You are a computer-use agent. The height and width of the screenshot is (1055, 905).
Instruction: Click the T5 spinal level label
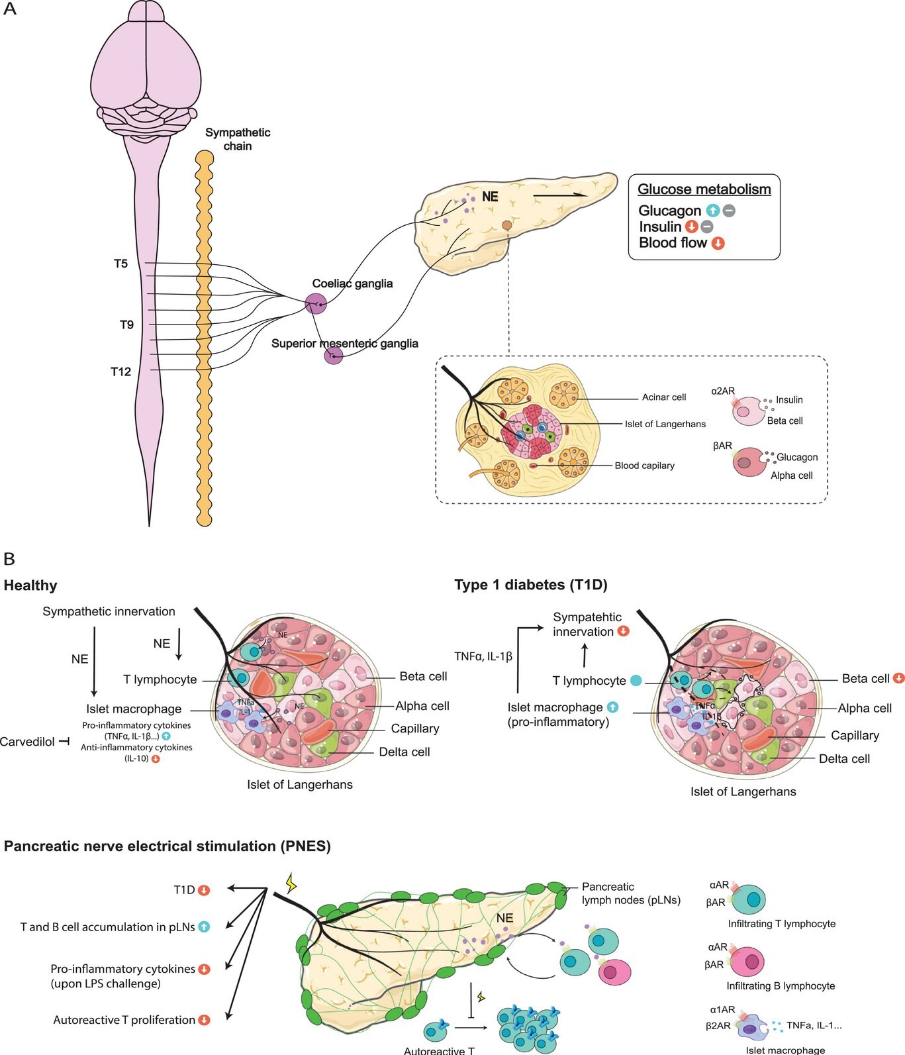pos(120,264)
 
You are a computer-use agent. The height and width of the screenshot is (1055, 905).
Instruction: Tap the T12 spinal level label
pos(120,372)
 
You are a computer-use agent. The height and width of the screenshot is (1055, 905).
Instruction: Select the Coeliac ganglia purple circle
pos(316,304)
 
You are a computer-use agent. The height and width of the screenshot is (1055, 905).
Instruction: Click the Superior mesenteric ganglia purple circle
pos(333,356)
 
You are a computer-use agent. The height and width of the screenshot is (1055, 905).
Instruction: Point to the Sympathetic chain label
pos(238,139)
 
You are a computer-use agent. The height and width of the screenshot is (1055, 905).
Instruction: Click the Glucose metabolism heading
pos(704,189)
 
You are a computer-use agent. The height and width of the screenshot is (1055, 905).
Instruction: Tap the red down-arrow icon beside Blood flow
pos(718,243)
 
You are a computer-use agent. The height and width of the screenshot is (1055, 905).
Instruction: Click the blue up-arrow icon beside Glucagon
pos(712,211)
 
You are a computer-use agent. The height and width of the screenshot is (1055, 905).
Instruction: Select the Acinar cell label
pos(663,397)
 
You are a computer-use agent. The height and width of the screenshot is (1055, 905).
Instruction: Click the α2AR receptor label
pos(723,391)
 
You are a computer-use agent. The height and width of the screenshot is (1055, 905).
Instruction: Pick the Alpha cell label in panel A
pos(791,476)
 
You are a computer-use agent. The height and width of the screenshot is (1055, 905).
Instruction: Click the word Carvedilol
pos(27,742)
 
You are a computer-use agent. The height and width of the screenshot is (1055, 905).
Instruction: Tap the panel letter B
pos(9,559)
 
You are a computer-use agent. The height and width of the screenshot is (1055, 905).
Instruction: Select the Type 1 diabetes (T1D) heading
pos(530,585)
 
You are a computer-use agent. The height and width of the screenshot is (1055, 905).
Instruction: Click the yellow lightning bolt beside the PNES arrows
pos(291,883)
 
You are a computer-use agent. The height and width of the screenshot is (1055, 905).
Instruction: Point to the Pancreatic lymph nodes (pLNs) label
pos(630,893)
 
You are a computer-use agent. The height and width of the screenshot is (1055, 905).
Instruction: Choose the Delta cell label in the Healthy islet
pos(404,752)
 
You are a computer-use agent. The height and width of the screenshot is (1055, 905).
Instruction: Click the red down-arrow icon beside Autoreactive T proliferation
pos(205,1020)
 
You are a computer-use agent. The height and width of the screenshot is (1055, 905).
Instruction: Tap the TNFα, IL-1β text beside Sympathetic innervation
pos(483,656)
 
